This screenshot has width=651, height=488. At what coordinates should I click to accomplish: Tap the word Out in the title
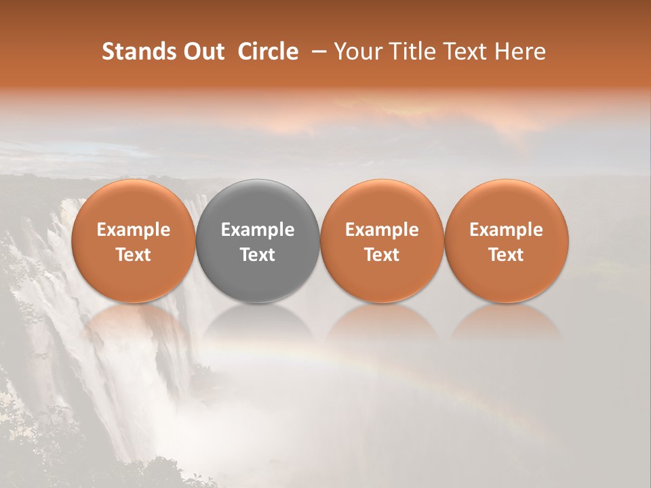point(201,52)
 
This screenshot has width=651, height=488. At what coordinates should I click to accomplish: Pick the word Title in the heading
point(408,52)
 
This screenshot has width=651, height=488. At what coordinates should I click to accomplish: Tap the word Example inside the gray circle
point(258,230)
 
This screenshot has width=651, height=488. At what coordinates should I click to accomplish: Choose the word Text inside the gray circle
point(258,255)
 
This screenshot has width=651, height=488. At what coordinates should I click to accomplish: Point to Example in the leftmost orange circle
point(134,230)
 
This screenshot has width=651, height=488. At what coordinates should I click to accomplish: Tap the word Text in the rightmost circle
point(507,255)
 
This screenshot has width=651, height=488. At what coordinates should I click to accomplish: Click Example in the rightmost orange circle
point(507,230)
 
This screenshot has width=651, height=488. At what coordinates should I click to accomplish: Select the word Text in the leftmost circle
point(134,255)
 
